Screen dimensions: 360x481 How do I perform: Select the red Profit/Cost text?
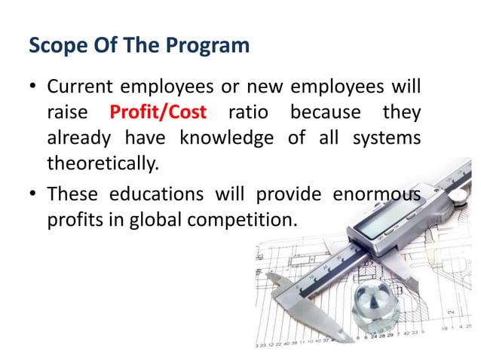(158, 113)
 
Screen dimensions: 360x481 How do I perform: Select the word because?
(326, 113)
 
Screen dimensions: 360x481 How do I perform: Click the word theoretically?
(103, 163)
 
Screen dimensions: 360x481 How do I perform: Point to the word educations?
(157, 194)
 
